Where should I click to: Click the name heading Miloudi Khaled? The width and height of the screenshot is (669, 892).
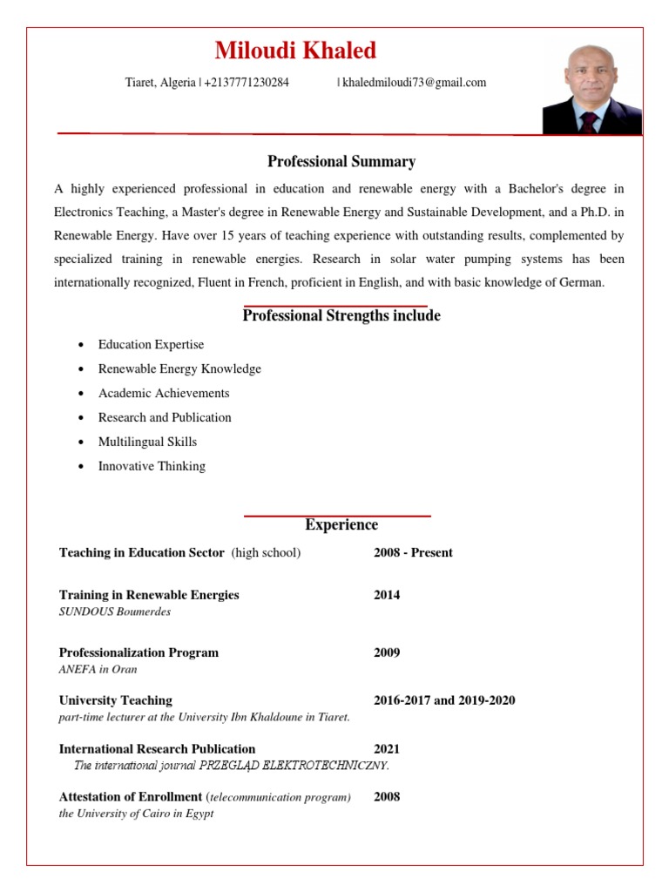coord(295,51)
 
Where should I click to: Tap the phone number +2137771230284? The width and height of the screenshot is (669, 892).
coord(247,83)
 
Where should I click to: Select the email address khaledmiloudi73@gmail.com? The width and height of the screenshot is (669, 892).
coord(415,83)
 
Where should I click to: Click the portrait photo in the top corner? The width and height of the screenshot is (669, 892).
coord(591,90)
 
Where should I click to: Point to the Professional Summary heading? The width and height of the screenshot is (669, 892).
coord(341,161)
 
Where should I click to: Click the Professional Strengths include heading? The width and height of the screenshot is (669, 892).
coord(341,315)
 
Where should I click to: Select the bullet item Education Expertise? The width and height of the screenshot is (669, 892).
coord(151,345)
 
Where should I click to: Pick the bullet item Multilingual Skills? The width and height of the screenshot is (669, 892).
coord(147,442)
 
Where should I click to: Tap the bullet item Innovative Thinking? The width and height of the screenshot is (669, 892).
coord(152,466)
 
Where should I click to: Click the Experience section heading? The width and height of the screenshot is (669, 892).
coord(341,524)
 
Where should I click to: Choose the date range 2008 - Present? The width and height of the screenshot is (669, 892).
coord(413,552)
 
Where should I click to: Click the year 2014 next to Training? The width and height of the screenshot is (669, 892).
coord(387,595)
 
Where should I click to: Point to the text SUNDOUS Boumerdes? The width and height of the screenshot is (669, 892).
coord(115,612)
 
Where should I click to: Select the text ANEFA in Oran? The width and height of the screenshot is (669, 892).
coord(98,669)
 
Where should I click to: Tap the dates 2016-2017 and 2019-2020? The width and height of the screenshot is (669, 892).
coord(444,700)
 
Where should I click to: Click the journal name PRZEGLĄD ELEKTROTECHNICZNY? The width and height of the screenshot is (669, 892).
coord(294,766)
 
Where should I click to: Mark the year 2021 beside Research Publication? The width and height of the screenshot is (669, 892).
coord(387,748)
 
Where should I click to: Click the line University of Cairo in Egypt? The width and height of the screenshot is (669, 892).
coord(136,814)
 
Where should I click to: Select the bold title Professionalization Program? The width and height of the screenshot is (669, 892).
coord(139,652)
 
